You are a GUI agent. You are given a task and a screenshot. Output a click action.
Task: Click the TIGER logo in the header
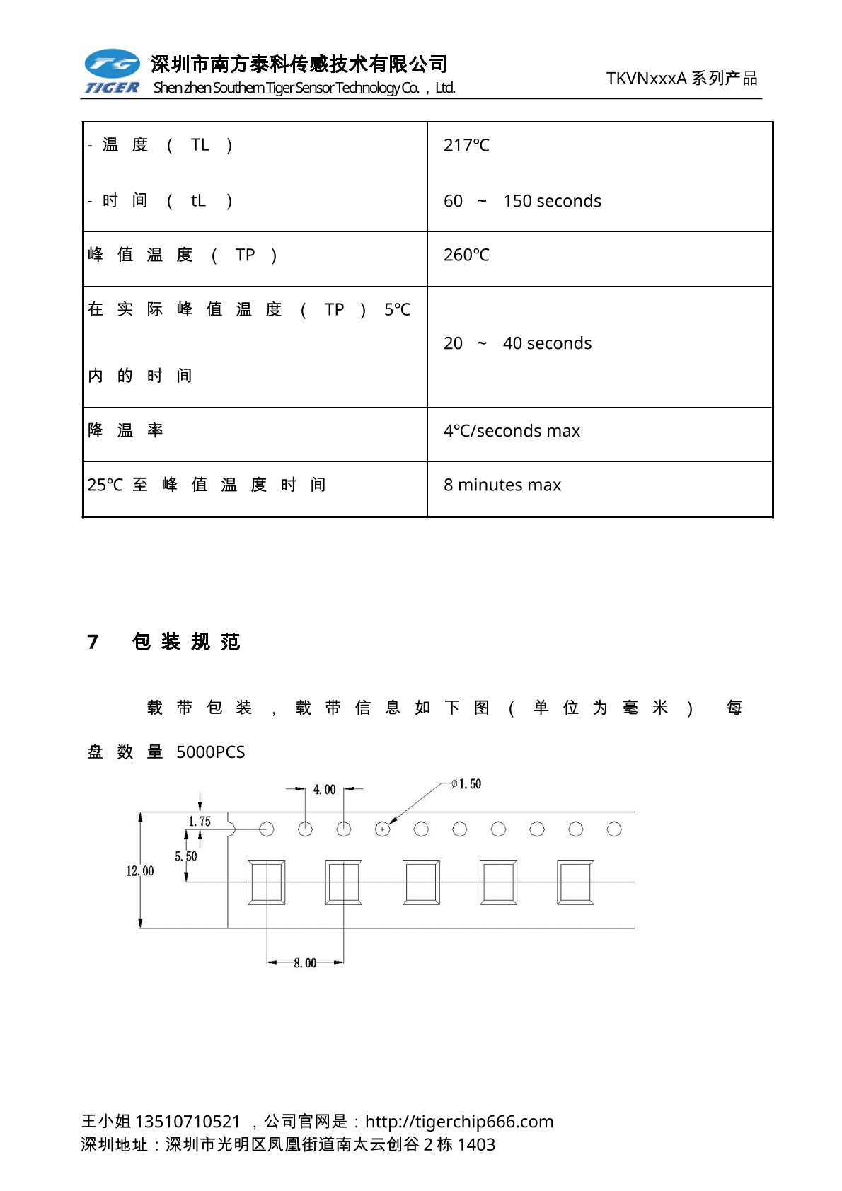pyautogui.click(x=112, y=71)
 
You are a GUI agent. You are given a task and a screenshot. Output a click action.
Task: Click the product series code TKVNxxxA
pyautogui.click(x=646, y=79)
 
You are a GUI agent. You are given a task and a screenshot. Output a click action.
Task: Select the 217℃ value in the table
pyautogui.click(x=466, y=146)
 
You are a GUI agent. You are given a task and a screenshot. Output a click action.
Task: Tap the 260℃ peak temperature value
pyautogui.click(x=466, y=255)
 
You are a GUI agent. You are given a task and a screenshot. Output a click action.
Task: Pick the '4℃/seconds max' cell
pyautogui.click(x=512, y=431)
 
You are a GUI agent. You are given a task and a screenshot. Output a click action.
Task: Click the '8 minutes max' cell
pyautogui.click(x=502, y=485)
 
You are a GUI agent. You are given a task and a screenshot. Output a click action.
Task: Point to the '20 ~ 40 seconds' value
pyautogui.click(x=517, y=344)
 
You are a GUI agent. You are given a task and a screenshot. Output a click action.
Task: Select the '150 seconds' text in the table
pyautogui.click(x=552, y=202)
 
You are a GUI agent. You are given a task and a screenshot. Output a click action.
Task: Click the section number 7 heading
pyautogui.click(x=93, y=642)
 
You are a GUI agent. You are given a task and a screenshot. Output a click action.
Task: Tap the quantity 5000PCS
pyautogui.click(x=210, y=752)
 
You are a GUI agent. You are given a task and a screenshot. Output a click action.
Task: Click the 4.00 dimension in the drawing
pyautogui.click(x=324, y=790)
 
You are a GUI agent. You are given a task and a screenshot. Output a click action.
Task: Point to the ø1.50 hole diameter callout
pyautogui.click(x=467, y=784)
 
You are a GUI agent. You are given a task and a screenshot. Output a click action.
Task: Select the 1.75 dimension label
pyautogui.click(x=200, y=822)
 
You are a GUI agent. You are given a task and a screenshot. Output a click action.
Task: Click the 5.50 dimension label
pyautogui.click(x=186, y=857)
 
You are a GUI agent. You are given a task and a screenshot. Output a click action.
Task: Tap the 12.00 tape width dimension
pyautogui.click(x=139, y=871)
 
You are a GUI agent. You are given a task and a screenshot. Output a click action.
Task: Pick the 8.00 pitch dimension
pyautogui.click(x=305, y=963)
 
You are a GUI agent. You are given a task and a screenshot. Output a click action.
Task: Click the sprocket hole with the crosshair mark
pyautogui.click(x=382, y=829)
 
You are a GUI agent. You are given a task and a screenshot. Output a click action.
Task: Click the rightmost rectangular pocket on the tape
pyautogui.click(x=575, y=882)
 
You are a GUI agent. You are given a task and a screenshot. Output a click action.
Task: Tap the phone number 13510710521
pyautogui.click(x=188, y=1122)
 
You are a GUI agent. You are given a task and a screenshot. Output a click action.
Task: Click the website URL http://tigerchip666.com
pyautogui.click(x=459, y=1122)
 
